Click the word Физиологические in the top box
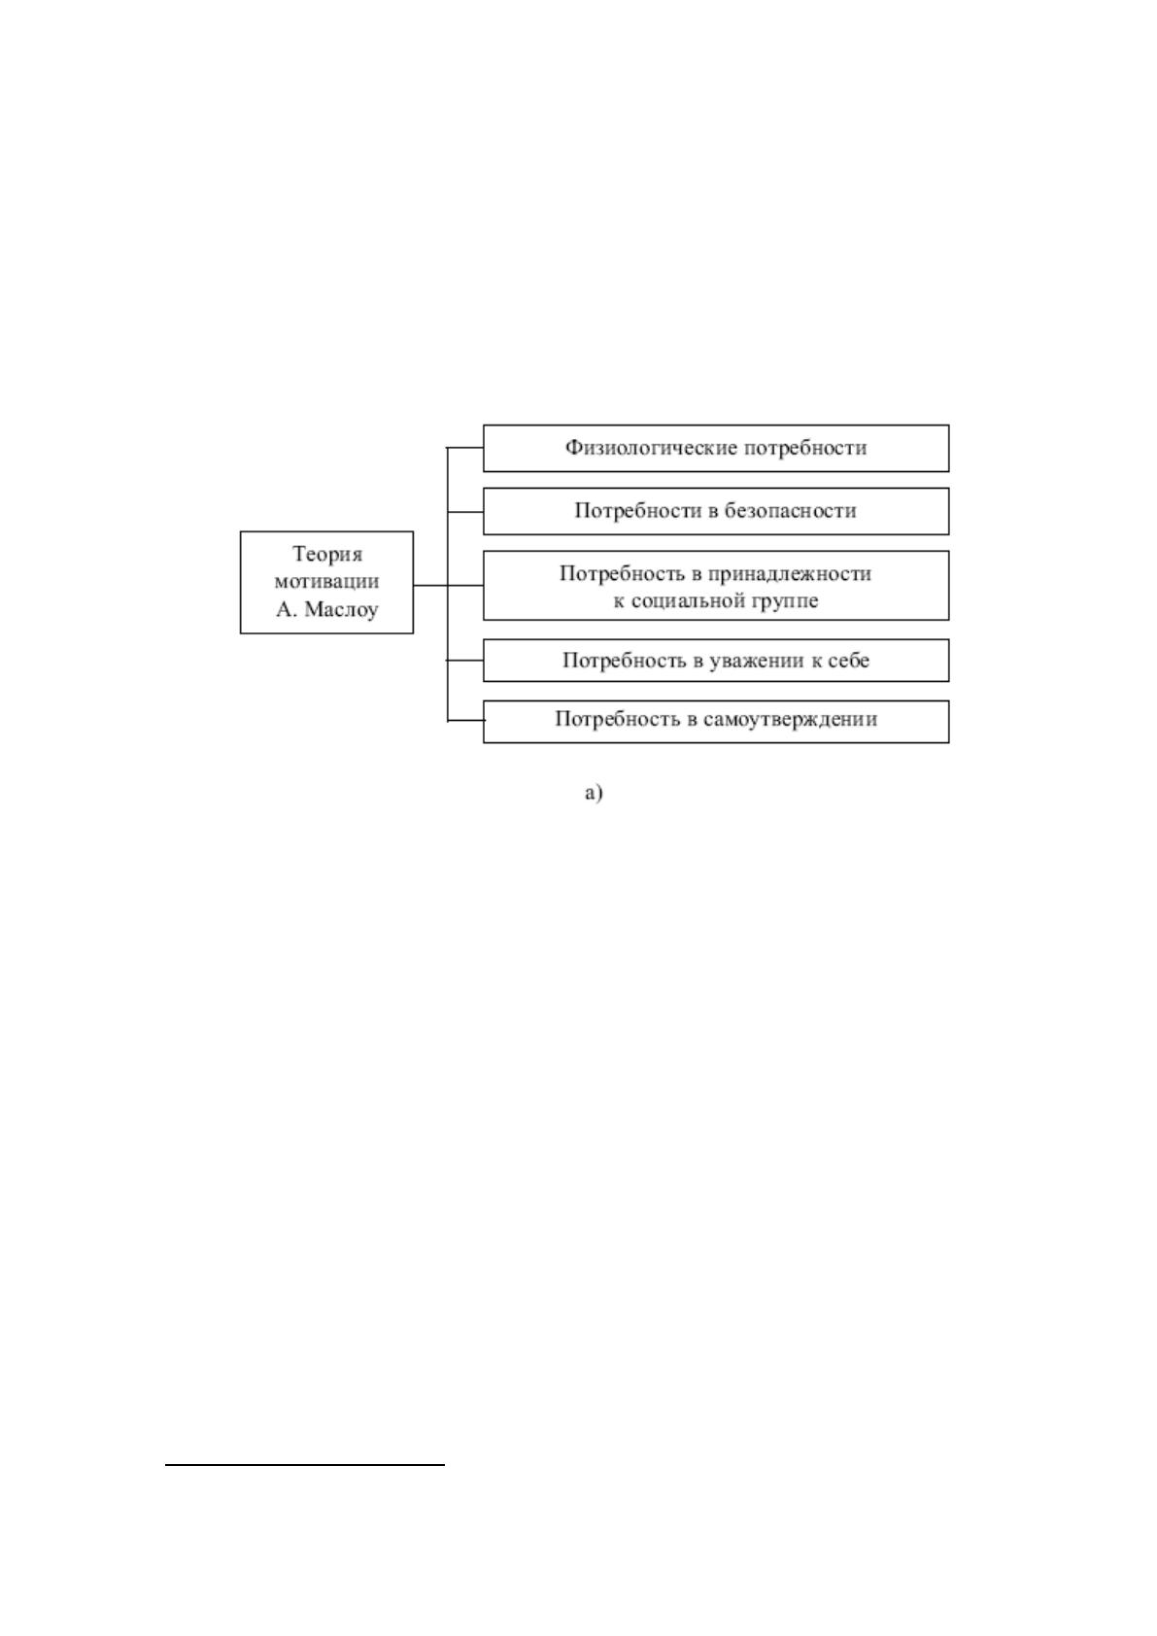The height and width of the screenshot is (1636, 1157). (651, 448)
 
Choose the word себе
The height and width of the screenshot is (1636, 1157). (848, 661)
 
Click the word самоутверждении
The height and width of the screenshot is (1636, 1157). (791, 720)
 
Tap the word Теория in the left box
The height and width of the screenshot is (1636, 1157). (327, 555)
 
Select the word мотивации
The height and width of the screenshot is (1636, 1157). (326, 581)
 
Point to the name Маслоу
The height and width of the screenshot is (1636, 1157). (341, 608)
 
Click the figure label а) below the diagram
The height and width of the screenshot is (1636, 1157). (594, 793)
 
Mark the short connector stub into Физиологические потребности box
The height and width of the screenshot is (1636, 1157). (465, 448)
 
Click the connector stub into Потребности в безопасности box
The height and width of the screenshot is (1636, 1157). (465, 512)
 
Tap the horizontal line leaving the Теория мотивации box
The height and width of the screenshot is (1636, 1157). (449, 585)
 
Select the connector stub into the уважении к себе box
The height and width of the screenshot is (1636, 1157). (465, 661)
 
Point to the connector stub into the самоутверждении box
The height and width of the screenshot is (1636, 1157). (465, 721)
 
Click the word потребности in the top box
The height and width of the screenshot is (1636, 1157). (805, 448)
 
